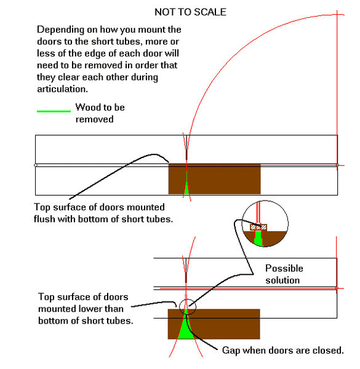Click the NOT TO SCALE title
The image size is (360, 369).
click(x=190, y=12)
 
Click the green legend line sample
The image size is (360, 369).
click(x=54, y=111)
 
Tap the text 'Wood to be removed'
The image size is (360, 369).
click(x=100, y=113)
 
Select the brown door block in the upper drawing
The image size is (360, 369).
click(x=215, y=180)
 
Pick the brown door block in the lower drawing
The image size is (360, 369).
click(x=214, y=324)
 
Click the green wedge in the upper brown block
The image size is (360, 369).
click(x=186, y=187)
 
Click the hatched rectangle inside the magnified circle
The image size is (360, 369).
click(x=258, y=228)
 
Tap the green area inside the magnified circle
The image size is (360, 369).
click(x=258, y=238)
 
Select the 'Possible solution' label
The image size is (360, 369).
click(x=284, y=274)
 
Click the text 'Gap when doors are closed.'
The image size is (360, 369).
click(x=283, y=351)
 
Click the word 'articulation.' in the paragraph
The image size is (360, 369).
click(x=62, y=89)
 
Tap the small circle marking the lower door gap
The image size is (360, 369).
click(x=188, y=307)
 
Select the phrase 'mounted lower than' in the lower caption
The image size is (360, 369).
click(x=81, y=309)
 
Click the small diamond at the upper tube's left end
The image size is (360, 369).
click(x=36, y=165)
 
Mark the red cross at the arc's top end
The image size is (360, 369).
click(x=337, y=15)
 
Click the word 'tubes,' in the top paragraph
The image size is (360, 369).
click(x=130, y=42)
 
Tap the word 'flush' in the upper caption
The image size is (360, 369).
click(x=44, y=219)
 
